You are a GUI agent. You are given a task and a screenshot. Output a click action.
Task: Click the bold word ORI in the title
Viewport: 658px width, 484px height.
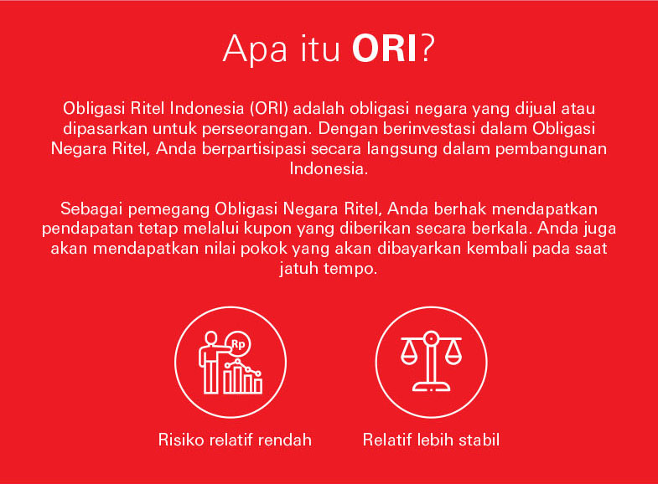[x=385, y=49]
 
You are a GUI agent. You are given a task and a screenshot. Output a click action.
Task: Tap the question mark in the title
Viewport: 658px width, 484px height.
[x=427, y=49]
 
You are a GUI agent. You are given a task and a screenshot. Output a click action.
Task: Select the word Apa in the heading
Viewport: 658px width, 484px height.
[x=256, y=50]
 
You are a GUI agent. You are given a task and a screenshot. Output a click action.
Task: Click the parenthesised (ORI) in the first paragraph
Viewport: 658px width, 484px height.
[x=269, y=109]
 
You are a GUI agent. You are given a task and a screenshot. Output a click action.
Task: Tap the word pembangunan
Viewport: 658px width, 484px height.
[x=551, y=150]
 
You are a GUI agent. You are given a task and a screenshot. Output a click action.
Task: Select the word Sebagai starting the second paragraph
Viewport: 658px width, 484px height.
[x=91, y=209]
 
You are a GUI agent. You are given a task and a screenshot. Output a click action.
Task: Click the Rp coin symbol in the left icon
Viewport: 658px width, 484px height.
[x=238, y=344]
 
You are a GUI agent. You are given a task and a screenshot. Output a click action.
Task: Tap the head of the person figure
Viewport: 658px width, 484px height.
[x=211, y=338]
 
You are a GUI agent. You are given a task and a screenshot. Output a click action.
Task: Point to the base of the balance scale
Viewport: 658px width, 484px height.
[x=431, y=386]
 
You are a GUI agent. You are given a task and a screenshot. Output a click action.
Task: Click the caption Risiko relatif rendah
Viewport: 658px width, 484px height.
[x=235, y=440]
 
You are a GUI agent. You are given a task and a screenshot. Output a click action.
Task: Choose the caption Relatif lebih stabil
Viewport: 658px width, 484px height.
[x=431, y=440]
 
